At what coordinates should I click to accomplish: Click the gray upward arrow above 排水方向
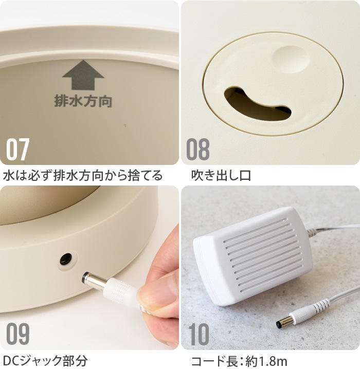[83, 75]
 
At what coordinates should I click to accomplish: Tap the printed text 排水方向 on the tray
[83, 101]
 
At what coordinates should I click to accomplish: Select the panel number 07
[17, 149]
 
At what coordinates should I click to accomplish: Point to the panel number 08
[198, 149]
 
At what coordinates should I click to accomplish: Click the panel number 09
[17, 334]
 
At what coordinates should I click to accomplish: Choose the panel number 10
[199, 334]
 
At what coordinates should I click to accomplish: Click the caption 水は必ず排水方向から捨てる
[83, 175]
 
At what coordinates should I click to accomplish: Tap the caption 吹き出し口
[221, 175]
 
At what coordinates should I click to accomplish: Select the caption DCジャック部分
[46, 361]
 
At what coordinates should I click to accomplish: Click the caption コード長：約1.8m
[239, 361]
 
